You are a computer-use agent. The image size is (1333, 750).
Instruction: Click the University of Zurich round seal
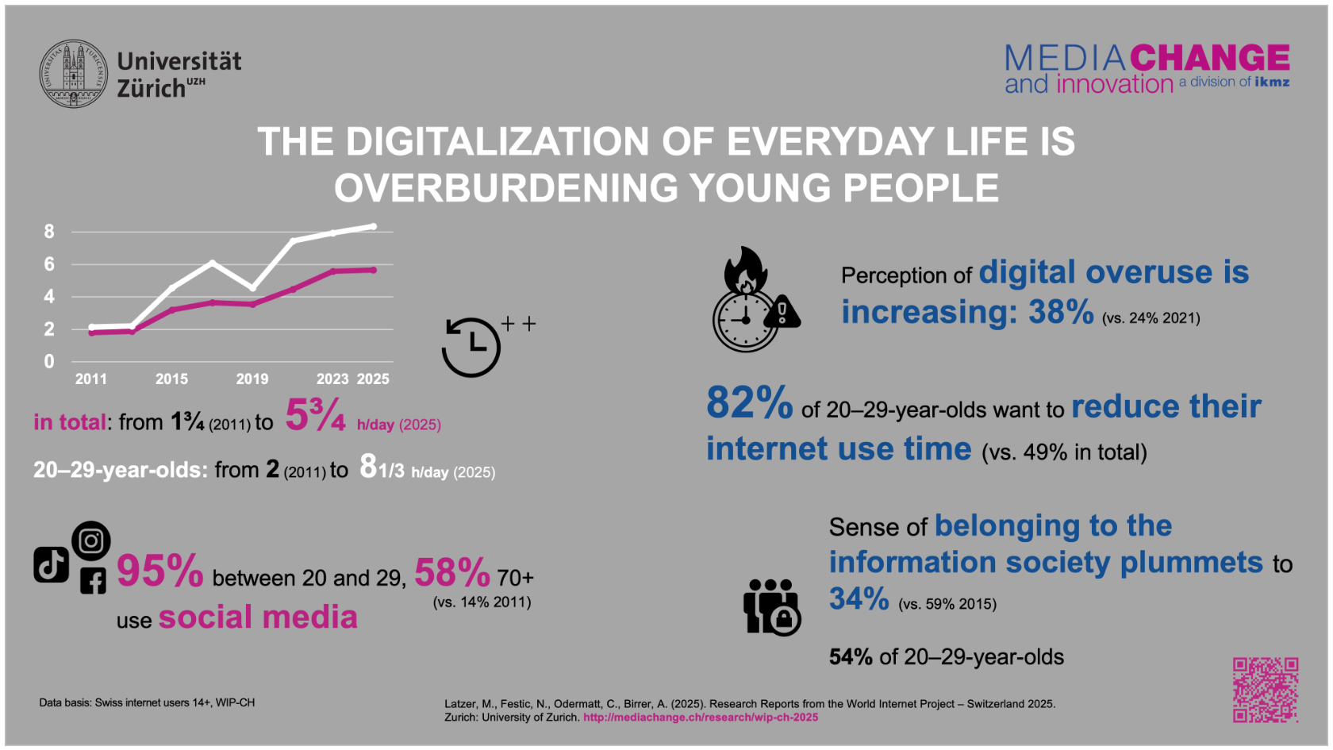point(74,74)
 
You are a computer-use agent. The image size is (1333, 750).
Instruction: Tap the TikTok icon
point(51,565)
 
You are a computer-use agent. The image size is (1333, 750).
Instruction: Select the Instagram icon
point(91,540)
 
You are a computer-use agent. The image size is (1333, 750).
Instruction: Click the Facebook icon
point(93,581)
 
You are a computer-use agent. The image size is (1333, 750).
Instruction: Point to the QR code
point(1266,689)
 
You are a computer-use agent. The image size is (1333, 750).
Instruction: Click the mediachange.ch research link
point(701,717)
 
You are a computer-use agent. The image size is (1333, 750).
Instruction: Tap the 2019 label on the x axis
point(252,379)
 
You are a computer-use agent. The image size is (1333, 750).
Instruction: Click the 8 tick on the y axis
point(49,232)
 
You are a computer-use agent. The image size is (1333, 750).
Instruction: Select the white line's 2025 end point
point(373,227)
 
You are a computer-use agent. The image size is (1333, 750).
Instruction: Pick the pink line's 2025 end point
point(373,270)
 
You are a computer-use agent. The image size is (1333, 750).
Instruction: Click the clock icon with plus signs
point(473,347)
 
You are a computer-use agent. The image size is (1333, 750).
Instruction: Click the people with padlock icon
point(771,606)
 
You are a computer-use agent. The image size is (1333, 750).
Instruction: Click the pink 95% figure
point(160,571)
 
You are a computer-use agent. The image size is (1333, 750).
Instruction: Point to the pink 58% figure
point(452,573)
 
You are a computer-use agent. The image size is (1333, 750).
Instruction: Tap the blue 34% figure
point(859,599)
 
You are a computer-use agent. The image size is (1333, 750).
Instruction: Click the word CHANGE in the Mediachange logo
point(1210,58)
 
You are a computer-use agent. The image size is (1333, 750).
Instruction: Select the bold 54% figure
point(851,657)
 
